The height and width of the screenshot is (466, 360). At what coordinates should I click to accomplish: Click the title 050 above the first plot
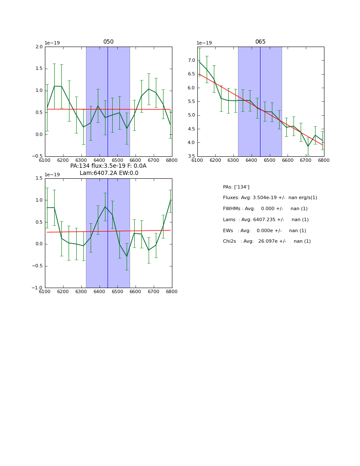108,42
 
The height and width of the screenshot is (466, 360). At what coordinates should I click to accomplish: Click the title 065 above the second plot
260,42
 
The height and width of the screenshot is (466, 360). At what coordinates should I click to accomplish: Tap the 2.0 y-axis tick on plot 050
39,47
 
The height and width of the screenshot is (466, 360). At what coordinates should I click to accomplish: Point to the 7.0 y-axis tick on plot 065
191,61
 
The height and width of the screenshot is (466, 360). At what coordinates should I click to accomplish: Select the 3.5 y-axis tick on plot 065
191,156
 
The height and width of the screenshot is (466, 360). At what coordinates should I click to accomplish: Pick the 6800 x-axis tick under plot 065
324,160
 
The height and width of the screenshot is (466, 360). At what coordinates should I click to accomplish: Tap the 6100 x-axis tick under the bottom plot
45,291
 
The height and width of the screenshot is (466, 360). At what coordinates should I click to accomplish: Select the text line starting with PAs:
236,187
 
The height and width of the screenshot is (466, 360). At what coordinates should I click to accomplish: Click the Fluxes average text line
270,198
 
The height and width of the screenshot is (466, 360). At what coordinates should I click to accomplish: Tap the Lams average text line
266,220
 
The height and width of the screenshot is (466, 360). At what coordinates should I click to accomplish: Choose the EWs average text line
264,231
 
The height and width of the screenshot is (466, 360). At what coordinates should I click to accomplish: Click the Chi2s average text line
267,241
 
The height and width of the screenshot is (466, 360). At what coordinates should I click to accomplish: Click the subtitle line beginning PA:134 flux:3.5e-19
108,166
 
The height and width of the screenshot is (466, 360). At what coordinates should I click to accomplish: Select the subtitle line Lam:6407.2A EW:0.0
109,173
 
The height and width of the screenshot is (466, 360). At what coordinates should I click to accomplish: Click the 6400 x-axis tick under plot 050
99,160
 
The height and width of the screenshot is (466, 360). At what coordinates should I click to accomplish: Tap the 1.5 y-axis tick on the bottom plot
39,178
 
